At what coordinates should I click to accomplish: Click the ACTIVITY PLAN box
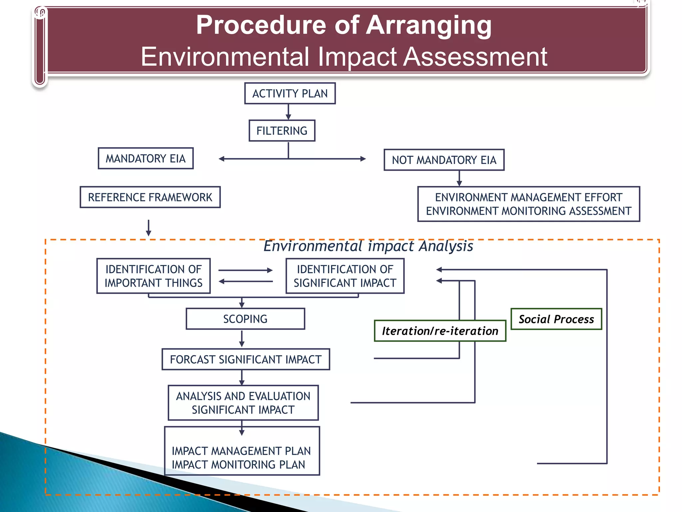[x=290, y=93]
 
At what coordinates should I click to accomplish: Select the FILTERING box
[x=282, y=131]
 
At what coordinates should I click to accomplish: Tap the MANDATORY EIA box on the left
[x=146, y=158]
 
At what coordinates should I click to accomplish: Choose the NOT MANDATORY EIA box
[x=444, y=160]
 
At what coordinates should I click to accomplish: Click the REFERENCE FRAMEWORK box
[x=150, y=197]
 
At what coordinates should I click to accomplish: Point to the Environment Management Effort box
[x=528, y=204]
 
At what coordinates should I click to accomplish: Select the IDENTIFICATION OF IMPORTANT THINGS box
[x=154, y=276]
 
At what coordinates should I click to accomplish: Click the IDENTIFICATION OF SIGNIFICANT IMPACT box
[x=345, y=276]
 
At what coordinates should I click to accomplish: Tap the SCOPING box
[x=245, y=319]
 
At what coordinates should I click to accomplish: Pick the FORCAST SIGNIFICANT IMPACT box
[x=246, y=359]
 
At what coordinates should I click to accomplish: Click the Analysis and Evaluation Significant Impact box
[x=243, y=403]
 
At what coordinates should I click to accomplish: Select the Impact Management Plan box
[x=242, y=457]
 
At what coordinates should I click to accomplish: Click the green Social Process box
[x=556, y=319]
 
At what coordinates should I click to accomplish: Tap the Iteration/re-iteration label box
[x=440, y=331]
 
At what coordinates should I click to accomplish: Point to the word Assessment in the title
[x=475, y=57]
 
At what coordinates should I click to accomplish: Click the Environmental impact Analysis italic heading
[x=368, y=246]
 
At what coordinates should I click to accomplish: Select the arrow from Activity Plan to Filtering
[x=288, y=112]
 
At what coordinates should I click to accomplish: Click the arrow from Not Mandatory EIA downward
[x=459, y=178]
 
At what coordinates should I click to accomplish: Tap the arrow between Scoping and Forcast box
[x=242, y=339]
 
